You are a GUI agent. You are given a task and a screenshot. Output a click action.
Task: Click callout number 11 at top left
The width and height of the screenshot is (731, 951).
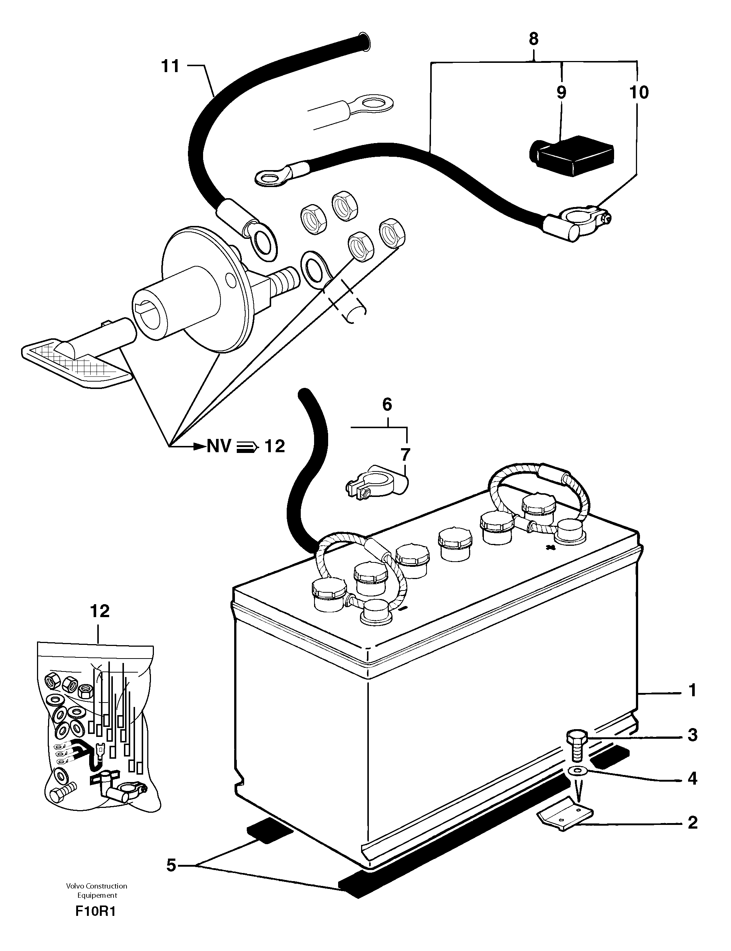click(170, 67)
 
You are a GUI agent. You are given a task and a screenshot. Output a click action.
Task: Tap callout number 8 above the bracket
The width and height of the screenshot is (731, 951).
click(533, 39)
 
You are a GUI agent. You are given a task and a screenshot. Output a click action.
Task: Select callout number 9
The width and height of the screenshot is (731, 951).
click(561, 92)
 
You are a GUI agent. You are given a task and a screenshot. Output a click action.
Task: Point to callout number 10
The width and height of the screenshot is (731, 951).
click(639, 92)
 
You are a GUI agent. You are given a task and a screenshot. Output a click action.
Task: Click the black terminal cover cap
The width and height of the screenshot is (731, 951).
click(571, 156)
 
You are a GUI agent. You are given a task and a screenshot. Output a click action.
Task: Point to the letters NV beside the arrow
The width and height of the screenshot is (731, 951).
click(218, 446)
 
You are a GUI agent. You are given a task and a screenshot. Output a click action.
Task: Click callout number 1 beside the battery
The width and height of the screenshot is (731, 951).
click(693, 691)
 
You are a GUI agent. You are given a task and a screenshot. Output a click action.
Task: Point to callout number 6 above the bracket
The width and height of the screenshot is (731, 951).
click(387, 405)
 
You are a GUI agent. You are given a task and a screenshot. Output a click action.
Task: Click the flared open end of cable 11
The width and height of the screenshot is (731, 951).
click(364, 42)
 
